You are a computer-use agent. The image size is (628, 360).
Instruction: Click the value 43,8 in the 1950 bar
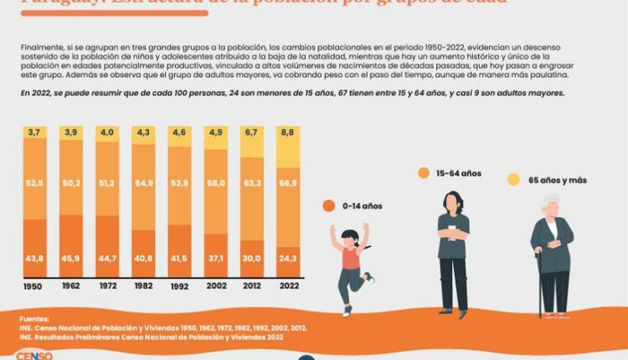point(34,258)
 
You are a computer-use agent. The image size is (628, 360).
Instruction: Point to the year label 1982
point(143,285)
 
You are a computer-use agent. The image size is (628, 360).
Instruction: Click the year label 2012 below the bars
point(252,285)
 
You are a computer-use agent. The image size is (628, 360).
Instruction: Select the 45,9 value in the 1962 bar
point(71,258)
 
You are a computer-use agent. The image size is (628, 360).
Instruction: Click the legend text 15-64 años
point(460,173)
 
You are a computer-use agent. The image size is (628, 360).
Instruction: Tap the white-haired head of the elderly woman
point(551,206)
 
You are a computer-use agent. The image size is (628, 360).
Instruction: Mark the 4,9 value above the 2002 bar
point(216,132)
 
